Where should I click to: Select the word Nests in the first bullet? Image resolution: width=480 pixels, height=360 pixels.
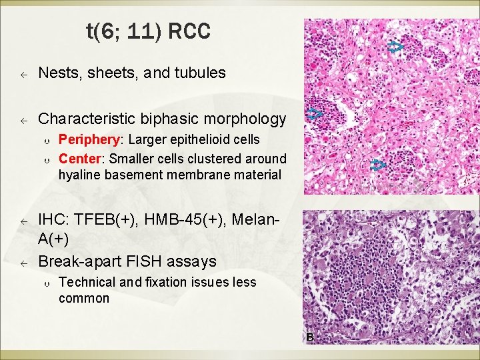[57, 73]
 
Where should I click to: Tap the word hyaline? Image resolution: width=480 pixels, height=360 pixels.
[77, 175]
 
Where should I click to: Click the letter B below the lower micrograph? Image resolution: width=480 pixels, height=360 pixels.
[309, 337]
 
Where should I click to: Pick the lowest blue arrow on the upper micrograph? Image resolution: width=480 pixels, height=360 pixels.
[378, 165]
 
